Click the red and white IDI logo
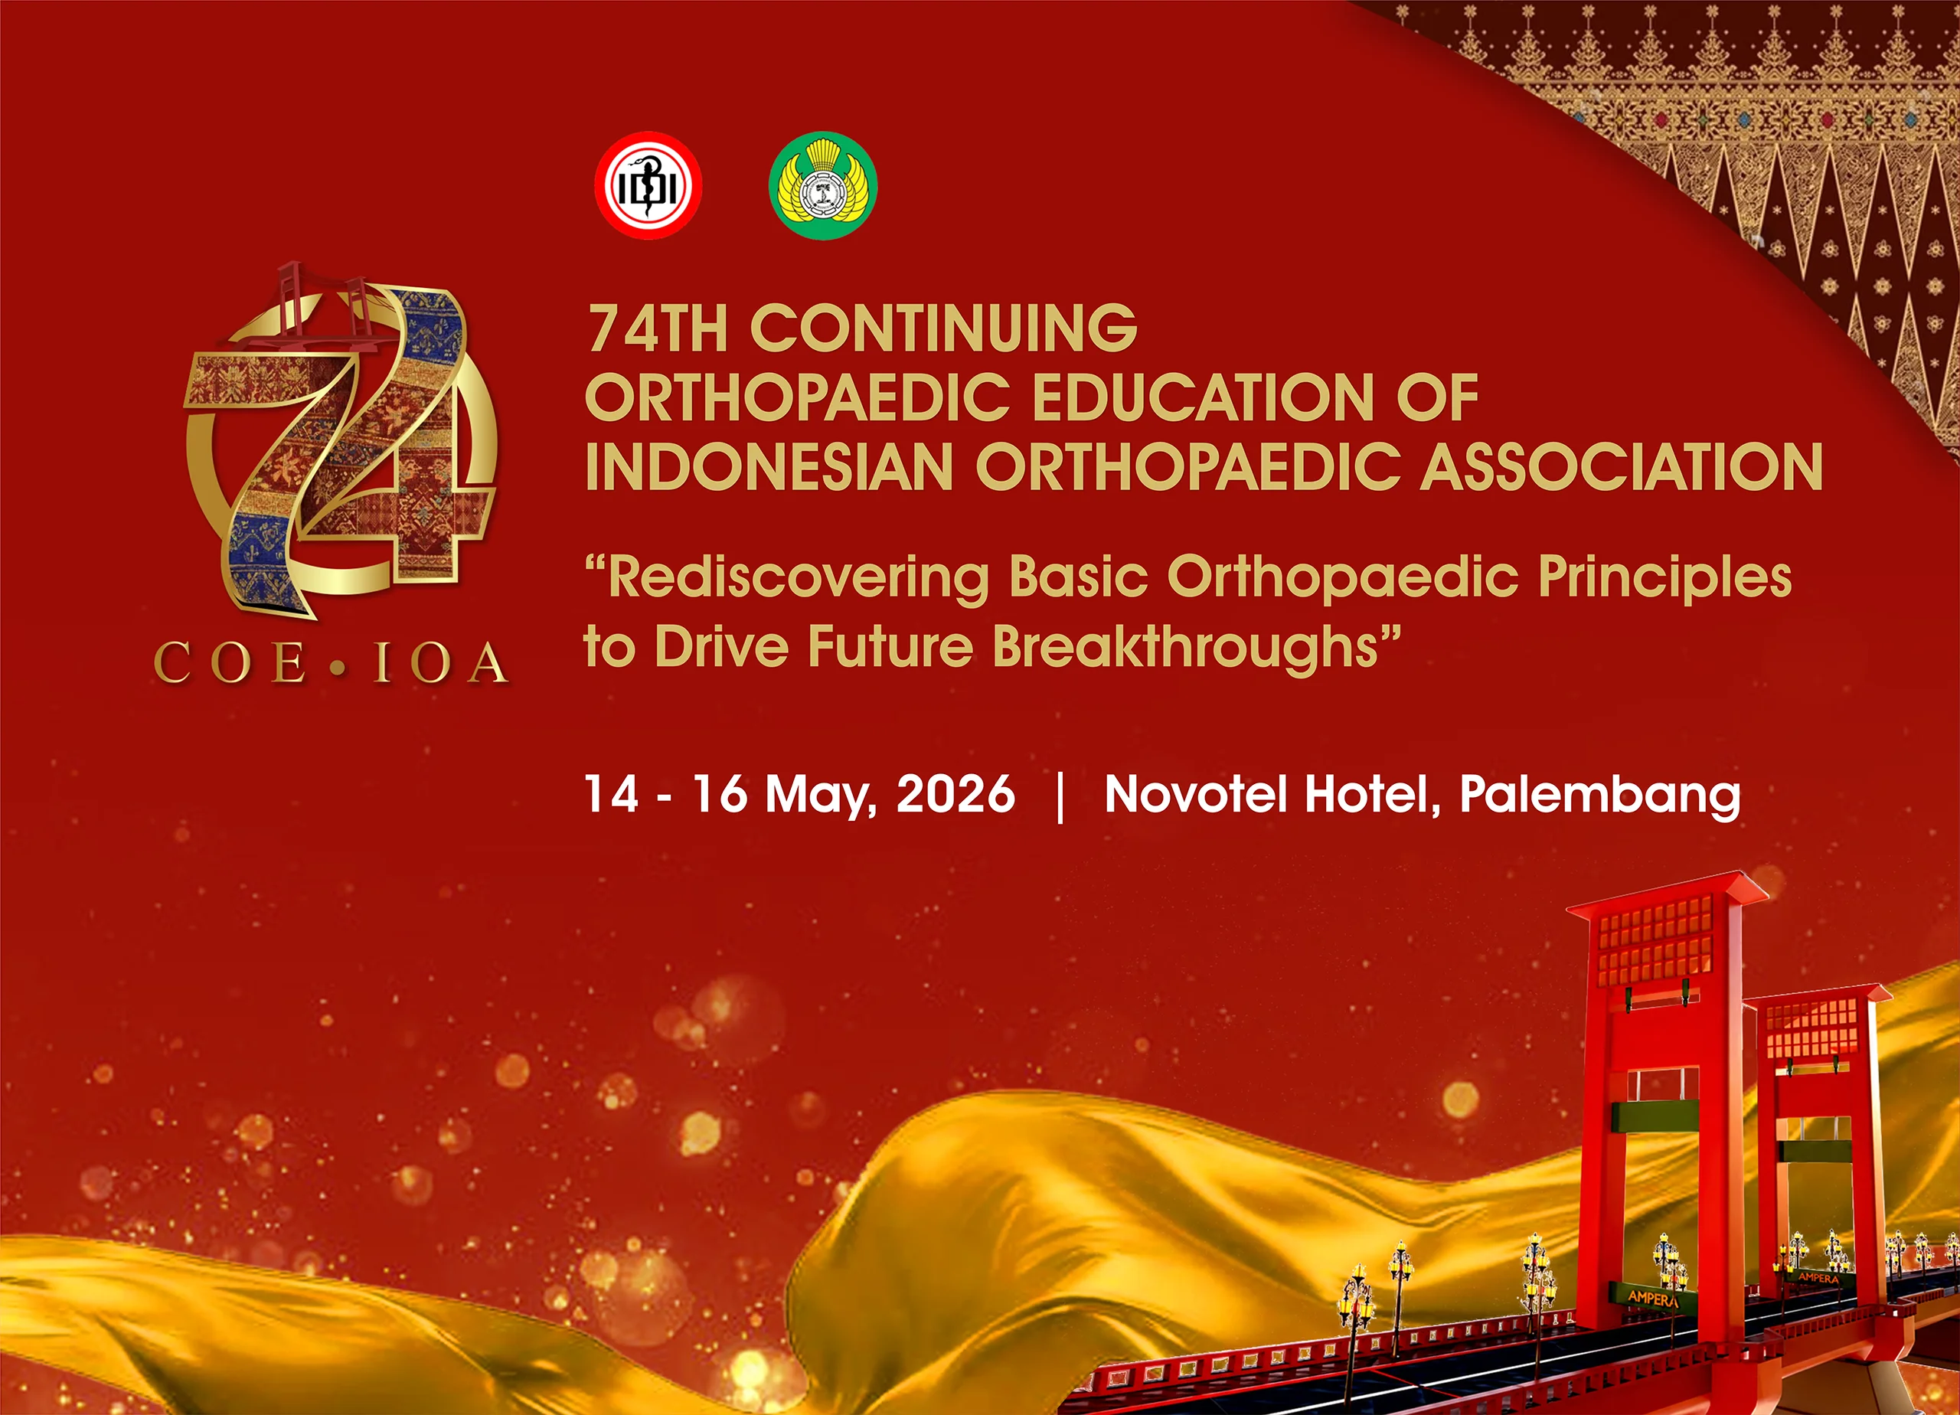[648, 185]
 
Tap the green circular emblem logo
[823, 185]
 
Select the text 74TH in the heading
[657, 328]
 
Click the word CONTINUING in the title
[944, 328]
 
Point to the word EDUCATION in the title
[1202, 397]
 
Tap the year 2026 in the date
[955, 793]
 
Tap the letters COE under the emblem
[230, 664]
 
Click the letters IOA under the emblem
[441, 664]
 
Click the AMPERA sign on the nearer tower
[1651, 1297]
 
